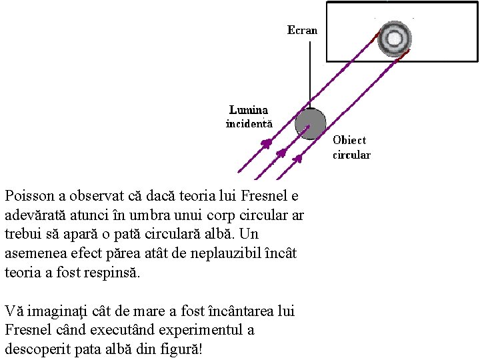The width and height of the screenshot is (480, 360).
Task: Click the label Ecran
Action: coord(302,30)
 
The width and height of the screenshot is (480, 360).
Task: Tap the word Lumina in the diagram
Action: coord(249,110)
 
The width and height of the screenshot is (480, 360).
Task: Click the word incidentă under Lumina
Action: coord(249,123)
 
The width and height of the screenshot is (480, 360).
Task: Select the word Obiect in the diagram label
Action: coord(349,141)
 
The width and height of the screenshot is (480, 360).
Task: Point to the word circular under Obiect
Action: coord(351,155)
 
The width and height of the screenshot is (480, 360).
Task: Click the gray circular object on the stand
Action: coord(310,124)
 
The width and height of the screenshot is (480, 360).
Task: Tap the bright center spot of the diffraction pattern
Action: coord(394,39)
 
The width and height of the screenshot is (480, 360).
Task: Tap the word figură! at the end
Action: coord(179,349)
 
